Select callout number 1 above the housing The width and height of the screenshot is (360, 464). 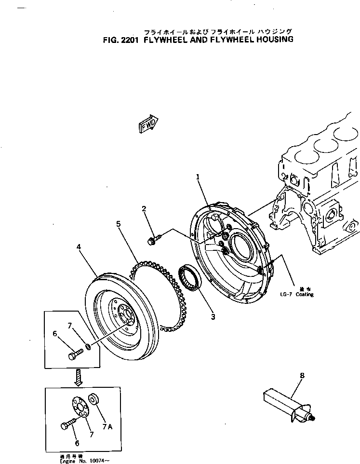198,177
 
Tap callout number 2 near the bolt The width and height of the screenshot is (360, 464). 144,209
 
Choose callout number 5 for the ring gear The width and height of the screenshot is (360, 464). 118,224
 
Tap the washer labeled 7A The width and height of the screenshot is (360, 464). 94,400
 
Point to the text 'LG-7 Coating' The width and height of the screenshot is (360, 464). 296,294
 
